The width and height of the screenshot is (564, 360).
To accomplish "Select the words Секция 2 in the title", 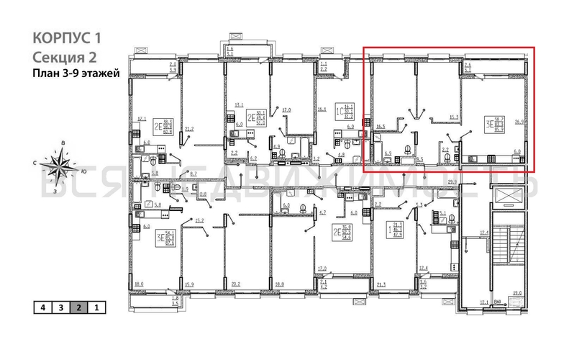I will (63, 57).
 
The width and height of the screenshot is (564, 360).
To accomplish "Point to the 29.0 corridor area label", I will (452, 182).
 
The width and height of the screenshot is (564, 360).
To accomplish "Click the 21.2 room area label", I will (188, 130).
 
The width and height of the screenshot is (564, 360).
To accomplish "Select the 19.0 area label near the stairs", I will (516, 292).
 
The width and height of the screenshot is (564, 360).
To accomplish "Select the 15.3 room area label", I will (453, 117).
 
